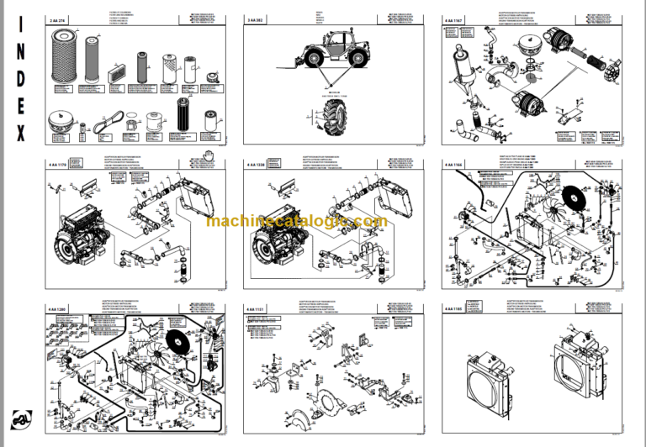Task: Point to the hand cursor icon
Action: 209,153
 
